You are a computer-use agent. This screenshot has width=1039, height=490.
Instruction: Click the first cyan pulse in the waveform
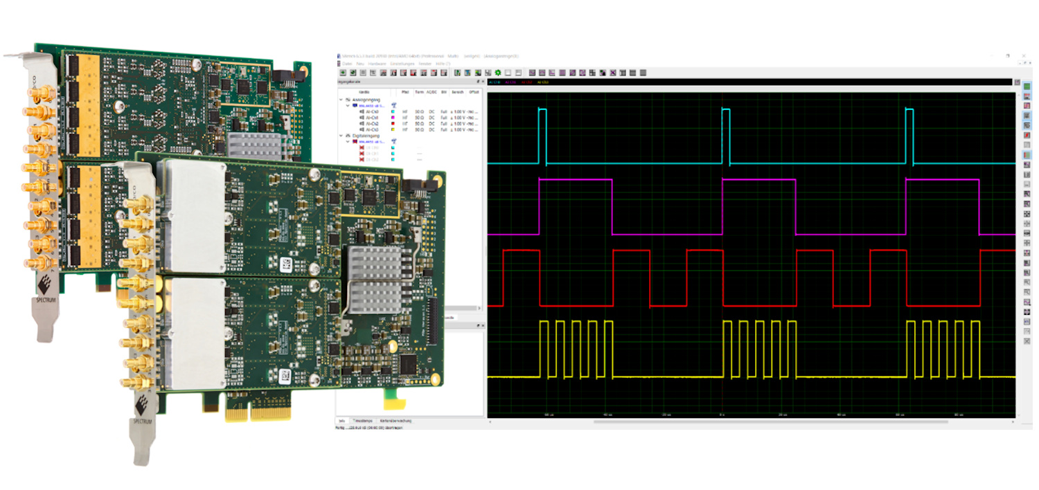(542, 136)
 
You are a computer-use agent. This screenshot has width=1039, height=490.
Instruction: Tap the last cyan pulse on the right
(909, 136)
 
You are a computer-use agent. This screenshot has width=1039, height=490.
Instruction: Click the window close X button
(1024, 56)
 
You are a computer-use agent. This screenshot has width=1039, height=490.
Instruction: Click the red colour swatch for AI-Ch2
(393, 123)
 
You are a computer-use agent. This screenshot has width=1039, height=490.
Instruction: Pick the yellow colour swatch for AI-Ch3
(393, 129)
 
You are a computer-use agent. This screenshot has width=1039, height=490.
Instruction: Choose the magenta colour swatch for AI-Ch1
(393, 117)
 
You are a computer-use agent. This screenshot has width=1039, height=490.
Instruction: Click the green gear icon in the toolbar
(497, 72)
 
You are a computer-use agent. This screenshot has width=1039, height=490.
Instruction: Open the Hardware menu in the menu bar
(378, 64)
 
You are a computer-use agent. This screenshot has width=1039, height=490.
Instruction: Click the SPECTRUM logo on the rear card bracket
(46, 291)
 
